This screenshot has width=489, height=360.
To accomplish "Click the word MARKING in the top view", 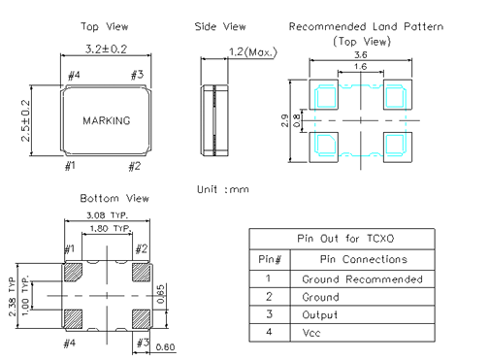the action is click(107, 120).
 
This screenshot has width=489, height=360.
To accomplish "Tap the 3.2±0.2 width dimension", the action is click(106, 49).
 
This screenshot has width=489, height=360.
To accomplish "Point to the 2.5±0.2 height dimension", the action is click(25, 120).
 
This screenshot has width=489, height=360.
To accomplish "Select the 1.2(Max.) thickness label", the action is click(253, 52).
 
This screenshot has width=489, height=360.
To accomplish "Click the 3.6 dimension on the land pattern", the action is click(361, 55).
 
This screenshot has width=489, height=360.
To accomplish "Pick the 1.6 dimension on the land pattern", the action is click(361, 67).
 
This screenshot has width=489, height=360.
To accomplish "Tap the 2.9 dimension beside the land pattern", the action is click(285, 120).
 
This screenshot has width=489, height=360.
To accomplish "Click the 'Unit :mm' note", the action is click(223, 189).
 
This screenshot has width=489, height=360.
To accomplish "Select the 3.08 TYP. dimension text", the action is click(107, 215).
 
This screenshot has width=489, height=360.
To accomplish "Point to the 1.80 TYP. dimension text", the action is click(111, 229).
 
